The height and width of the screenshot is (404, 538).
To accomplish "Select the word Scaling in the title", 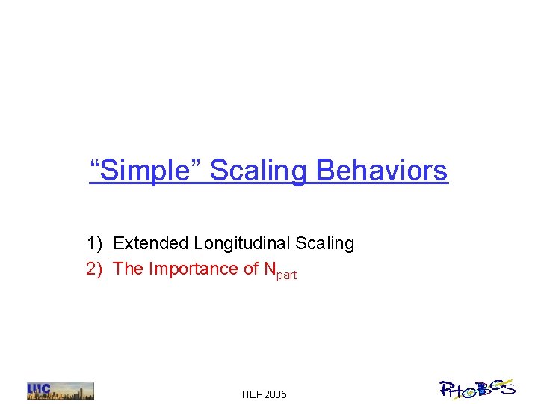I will pos(259,171).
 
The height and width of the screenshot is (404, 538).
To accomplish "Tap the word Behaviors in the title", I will pos(382,171).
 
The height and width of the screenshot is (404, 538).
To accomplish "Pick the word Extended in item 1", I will pos(151,243).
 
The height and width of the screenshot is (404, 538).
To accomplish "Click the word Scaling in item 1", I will pos(325,243).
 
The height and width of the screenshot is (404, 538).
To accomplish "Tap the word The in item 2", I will pos(128,269).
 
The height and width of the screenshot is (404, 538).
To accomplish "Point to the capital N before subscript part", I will pos(270,269).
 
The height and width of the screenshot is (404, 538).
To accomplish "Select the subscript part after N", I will pos(287,275).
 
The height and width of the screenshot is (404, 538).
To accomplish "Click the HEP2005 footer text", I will pos(265,394).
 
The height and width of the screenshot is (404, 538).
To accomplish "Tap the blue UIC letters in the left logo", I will pos(38,390).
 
